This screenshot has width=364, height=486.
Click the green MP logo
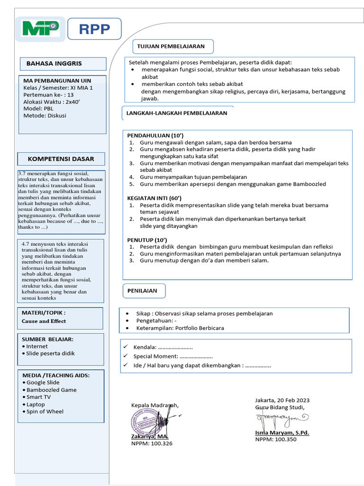click(x=40, y=29)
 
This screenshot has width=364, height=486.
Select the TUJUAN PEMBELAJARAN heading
click(x=171, y=47)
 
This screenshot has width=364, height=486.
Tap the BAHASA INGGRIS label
click(x=54, y=64)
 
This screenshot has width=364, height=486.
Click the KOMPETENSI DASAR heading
click(x=61, y=159)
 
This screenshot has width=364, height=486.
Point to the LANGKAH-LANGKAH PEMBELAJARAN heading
click(x=177, y=113)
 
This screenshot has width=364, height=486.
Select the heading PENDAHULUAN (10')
click(x=152, y=135)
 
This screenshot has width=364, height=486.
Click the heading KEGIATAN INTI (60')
click(x=155, y=198)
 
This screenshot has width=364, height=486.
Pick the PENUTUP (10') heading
click(x=147, y=240)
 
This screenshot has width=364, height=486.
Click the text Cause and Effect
click(x=44, y=321)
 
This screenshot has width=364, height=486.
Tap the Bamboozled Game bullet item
click(x=51, y=390)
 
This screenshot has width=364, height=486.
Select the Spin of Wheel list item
click(x=45, y=411)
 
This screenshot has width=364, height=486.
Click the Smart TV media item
click(x=38, y=397)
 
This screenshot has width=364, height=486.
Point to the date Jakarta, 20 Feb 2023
click(x=282, y=400)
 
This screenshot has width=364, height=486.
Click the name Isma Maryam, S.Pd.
click(x=282, y=432)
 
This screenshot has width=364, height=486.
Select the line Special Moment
click(x=173, y=356)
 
